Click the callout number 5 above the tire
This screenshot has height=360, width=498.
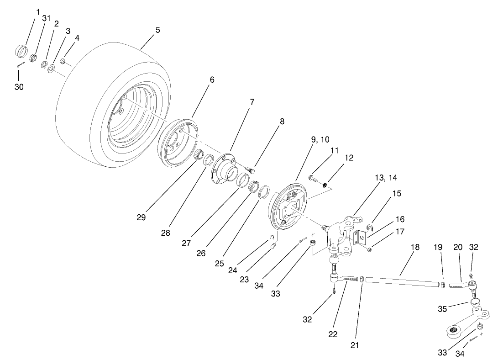(x=157, y=30)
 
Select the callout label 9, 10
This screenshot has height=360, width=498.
(x=320, y=139)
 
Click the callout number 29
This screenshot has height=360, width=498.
(x=141, y=217)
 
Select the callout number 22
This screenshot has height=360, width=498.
(x=333, y=334)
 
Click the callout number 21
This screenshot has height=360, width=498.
(x=355, y=345)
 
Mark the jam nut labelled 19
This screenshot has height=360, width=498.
(x=442, y=285)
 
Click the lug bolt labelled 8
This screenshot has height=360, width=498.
(x=250, y=170)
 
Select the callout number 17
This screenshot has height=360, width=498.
(x=400, y=232)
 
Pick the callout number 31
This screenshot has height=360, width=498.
(x=46, y=18)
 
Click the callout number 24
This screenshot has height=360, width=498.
(x=232, y=270)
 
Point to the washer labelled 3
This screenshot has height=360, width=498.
(x=51, y=68)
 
